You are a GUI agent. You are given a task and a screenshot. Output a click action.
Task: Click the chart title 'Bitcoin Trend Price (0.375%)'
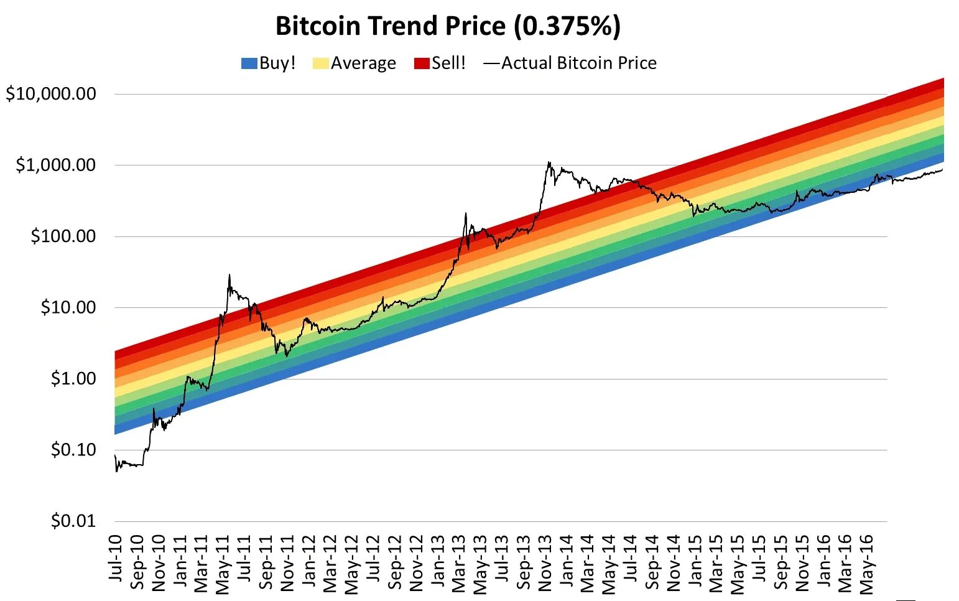click(448, 26)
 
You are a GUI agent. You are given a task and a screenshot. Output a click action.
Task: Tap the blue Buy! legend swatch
click(249, 63)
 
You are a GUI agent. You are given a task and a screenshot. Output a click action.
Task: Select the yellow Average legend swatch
click(320, 63)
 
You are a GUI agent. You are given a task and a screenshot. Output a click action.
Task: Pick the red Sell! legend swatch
click(422, 63)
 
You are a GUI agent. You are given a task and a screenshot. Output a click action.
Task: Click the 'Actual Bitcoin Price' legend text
click(578, 63)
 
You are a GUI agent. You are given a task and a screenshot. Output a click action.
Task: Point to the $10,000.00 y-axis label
click(51, 94)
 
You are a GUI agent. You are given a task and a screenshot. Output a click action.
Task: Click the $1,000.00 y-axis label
click(56, 165)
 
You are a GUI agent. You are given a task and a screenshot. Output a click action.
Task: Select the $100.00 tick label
click(63, 236)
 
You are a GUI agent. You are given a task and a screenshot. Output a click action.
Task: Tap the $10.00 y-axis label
click(68, 307)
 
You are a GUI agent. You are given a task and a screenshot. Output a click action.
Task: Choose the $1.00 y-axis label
click(73, 378)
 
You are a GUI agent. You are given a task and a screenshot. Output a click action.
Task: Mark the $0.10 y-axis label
click(73, 449)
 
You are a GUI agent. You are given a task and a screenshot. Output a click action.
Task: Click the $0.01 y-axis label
click(73, 520)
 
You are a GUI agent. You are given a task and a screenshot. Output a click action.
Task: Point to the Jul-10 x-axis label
click(116, 558)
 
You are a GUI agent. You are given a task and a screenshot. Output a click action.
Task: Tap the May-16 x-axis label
click(866, 563)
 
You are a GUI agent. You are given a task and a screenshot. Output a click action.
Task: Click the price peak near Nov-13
click(549, 162)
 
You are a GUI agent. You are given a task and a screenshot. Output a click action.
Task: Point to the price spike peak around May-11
click(229, 274)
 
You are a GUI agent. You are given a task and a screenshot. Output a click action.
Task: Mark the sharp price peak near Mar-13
click(465, 213)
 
